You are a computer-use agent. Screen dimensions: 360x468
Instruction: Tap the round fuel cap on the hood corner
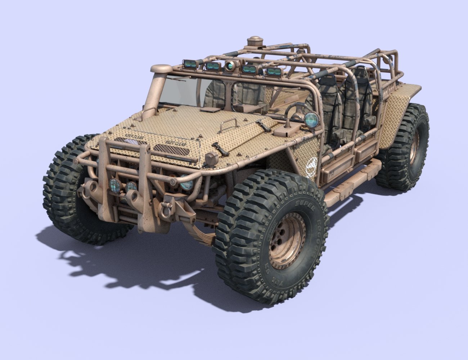coord(212,158)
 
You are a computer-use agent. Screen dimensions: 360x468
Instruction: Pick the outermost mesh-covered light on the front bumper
coord(115,185)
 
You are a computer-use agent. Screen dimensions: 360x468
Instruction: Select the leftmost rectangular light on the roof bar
coord(190,64)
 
